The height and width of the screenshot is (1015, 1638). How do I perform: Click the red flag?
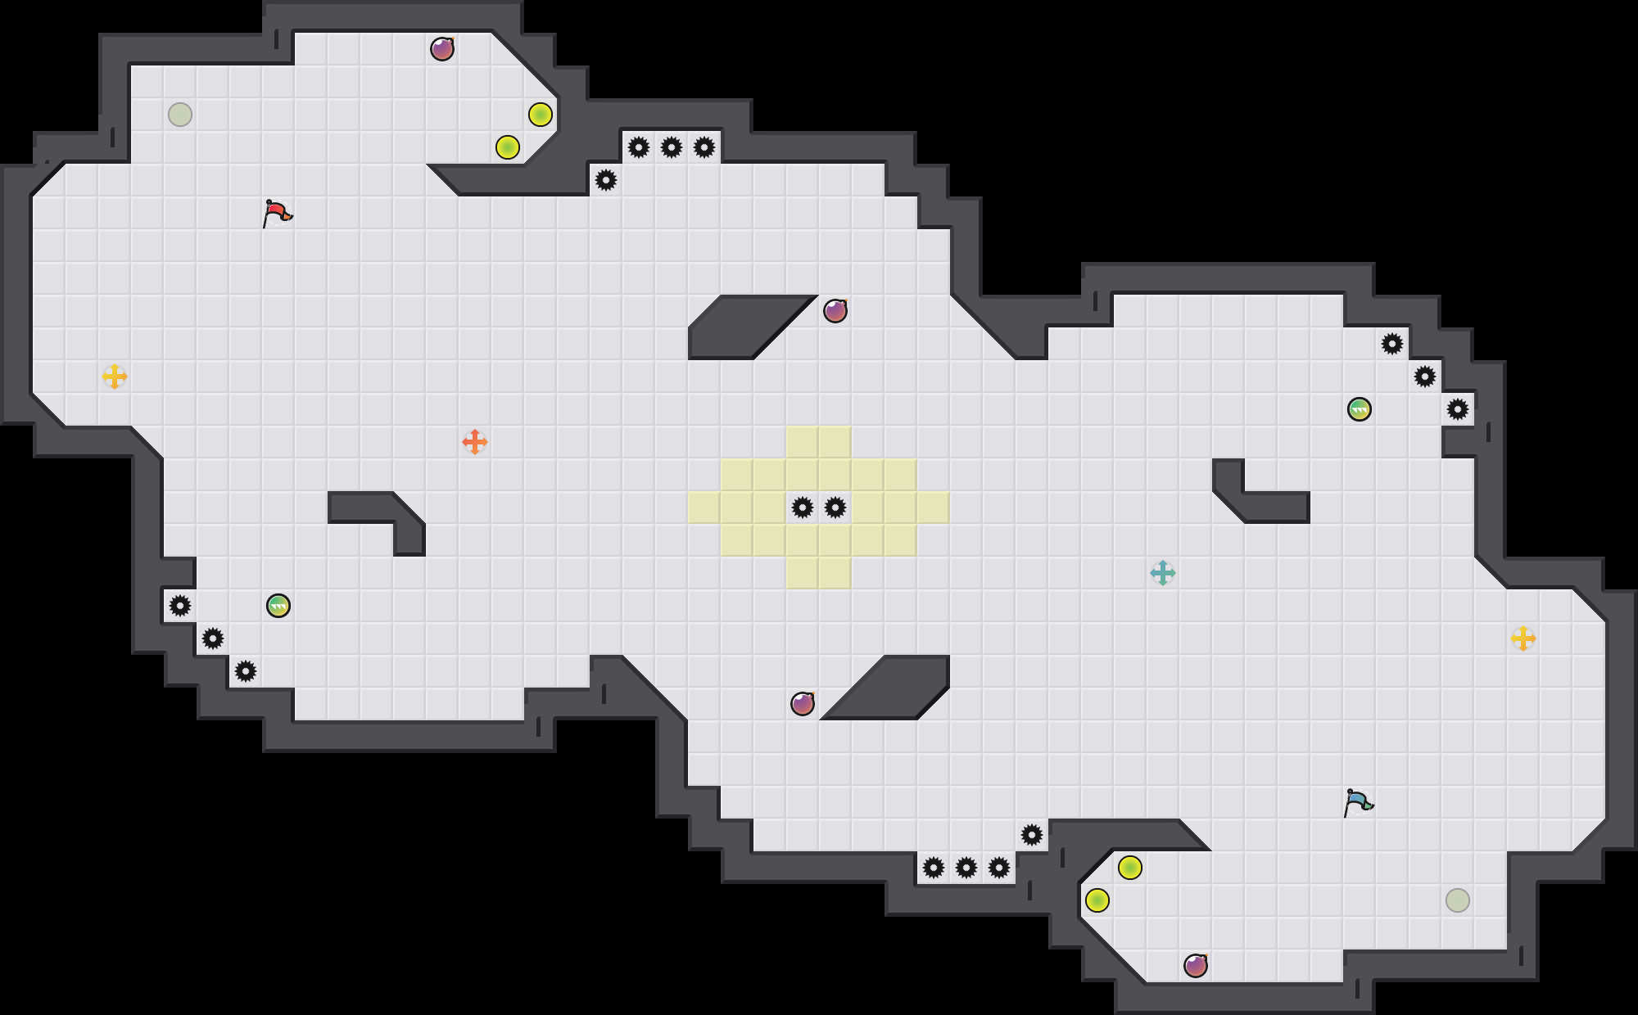pyautogui.click(x=277, y=213)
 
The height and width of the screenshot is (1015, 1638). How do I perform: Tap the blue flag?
pyautogui.click(x=1358, y=802)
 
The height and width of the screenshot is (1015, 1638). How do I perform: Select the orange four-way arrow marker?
pyautogui.click(x=475, y=442)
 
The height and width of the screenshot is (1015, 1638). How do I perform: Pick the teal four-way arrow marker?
pyautogui.click(x=1163, y=573)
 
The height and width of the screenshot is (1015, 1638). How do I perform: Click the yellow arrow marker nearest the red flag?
pyautogui.click(x=115, y=377)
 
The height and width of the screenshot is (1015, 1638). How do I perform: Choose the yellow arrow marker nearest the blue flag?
pyautogui.click(x=1523, y=638)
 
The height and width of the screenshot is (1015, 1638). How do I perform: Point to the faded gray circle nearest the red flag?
pyautogui.click(x=180, y=115)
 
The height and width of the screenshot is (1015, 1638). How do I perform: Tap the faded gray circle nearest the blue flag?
pyautogui.click(x=1458, y=900)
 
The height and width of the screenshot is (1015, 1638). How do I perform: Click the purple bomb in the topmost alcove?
pyautogui.click(x=442, y=49)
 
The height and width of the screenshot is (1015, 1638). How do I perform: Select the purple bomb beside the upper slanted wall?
pyautogui.click(x=835, y=311)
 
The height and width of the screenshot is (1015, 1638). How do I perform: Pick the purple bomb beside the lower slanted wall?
pyautogui.click(x=803, y=704)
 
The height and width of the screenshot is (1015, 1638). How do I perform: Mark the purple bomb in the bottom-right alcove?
pyautogui.click(x=1196, y=966)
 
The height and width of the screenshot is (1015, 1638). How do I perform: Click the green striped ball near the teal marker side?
pyautogui.click(x=1360, y=409)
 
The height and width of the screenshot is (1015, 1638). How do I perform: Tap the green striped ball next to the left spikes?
pyautogui.click(x=278, y=606)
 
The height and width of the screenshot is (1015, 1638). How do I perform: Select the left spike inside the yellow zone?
pyautogui.click(x=803, y=508)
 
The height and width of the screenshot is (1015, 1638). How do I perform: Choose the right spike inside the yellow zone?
pyautogui.click(x=835, y=508)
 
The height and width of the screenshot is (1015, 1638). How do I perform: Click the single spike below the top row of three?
pyautogui.click(x=606, y=180)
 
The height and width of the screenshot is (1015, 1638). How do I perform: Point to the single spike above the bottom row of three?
pyautogui.click(x=1032, y=835)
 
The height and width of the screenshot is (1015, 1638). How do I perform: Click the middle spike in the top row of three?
pyautogui.click(x=672, y=147)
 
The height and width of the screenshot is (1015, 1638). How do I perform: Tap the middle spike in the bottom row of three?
pyautogui.click(x=966, y=868)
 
